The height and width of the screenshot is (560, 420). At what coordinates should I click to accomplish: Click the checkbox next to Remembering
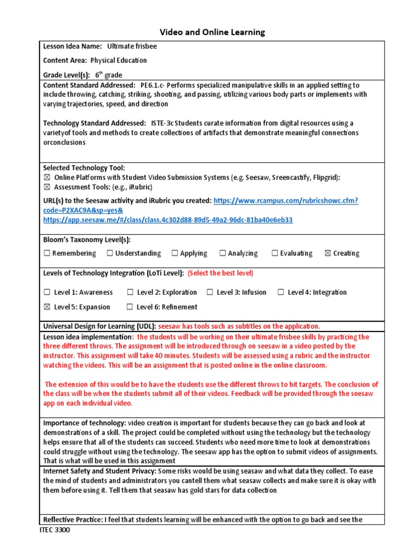coord(47,253)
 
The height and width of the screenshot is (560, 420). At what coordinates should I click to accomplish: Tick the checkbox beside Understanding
coord(110,253)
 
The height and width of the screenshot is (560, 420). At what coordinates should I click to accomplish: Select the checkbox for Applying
coord(175,253)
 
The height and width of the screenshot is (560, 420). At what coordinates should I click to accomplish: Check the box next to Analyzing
coord(223,253)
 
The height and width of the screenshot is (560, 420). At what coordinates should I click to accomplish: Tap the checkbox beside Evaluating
coord(275,253)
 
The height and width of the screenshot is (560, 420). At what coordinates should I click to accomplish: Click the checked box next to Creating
coord(328,253)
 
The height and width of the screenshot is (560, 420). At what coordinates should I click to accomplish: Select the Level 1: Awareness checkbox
coord(47,292)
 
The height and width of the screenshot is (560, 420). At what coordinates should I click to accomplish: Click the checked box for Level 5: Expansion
coord(47,307)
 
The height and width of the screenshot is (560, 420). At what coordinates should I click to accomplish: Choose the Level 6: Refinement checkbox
coord(130,307)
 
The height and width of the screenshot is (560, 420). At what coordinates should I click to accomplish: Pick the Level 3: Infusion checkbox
coord(210,292)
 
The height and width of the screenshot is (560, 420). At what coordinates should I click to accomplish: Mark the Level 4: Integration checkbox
coord(281,292)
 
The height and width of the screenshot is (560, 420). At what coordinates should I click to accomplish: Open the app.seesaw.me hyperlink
coord(168,220)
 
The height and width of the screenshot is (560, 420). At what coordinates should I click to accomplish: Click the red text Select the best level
coord(220,273)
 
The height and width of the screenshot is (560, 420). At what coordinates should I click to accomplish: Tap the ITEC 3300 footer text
coord(55,530)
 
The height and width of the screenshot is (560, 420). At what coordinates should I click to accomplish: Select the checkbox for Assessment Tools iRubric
coord(47,186)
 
